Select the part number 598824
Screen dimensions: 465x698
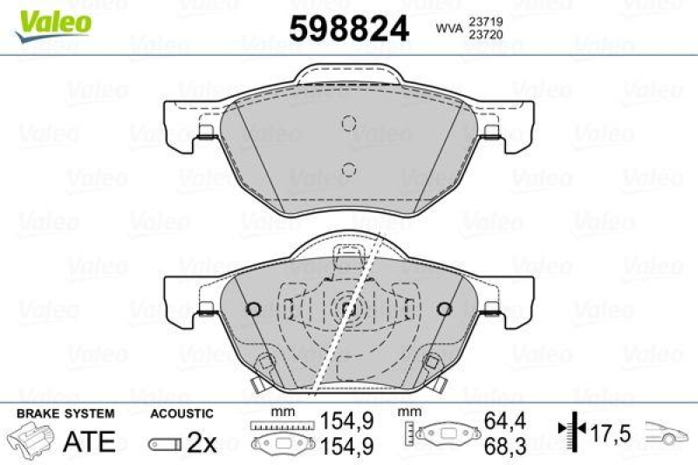[348, 29]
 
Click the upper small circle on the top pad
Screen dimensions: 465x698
[348, 123]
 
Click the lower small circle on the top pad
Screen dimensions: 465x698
[348, 168]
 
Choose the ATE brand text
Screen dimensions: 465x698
[89, 441]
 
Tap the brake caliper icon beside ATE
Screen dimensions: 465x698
[31, 441]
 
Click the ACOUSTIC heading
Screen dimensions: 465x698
[181, 414]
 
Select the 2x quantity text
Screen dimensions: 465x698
[202, 442]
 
